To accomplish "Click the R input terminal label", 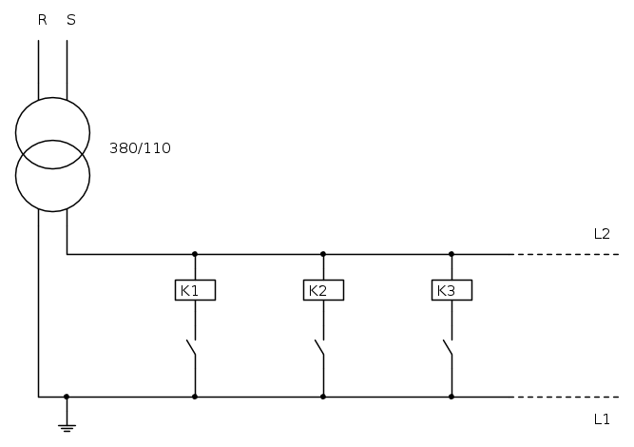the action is pyautogui.click(x=43, y=20).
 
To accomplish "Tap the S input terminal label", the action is pyautogui.click(x=71, y=20).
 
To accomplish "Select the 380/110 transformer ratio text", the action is pyautogui.click(x=140, y=148).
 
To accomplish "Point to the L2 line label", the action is pyautogui.click(x=602, y=234).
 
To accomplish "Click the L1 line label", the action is pyautogui.click(x=602, y=419).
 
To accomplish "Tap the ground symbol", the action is pyautogui.click(x=67, y=428).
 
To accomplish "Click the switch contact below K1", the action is pyautogui.click(x=191, y=348).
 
